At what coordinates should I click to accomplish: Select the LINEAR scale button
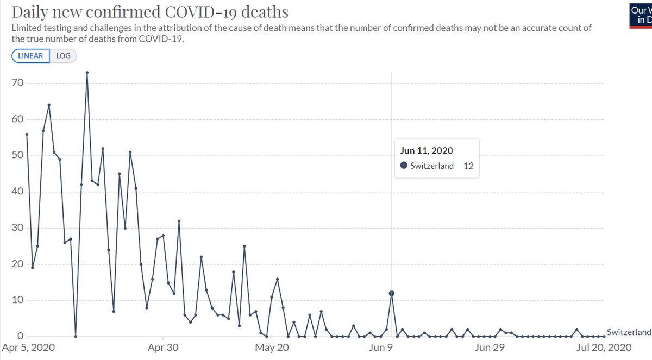pyautogui.click(x=31, y=56)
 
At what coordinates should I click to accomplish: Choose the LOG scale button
pyautogui.click(x=64, y=56)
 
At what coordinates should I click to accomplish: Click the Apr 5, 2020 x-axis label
pyautogui.click(x=28, y=348)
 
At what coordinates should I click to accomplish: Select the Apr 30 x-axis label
pyautogui.click(x=163, y=348)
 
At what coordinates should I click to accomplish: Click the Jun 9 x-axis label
pyautogui.click(x=381, y=348)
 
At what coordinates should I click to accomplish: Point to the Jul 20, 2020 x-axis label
pyautogui.click(x=604, y=348)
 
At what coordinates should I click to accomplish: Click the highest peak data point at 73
pyautogui.click(x=87, y=72)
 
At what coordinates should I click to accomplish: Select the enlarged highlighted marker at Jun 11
pyautogui.click(x=391, y=293)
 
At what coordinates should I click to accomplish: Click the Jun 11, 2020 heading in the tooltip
pyautogui.click(x=426, y=151)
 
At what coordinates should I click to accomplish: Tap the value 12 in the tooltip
pyautogui.click(x=468, y=166)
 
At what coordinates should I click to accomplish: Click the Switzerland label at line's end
pyautogui.click(x=629, y=332)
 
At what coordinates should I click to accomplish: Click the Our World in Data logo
pyautogui.click(x=640, y=15)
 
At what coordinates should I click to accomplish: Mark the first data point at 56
pyautogui.click(x=27, y=134)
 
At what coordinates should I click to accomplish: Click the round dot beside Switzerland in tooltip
pyautogui.click(x=404, y=166)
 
